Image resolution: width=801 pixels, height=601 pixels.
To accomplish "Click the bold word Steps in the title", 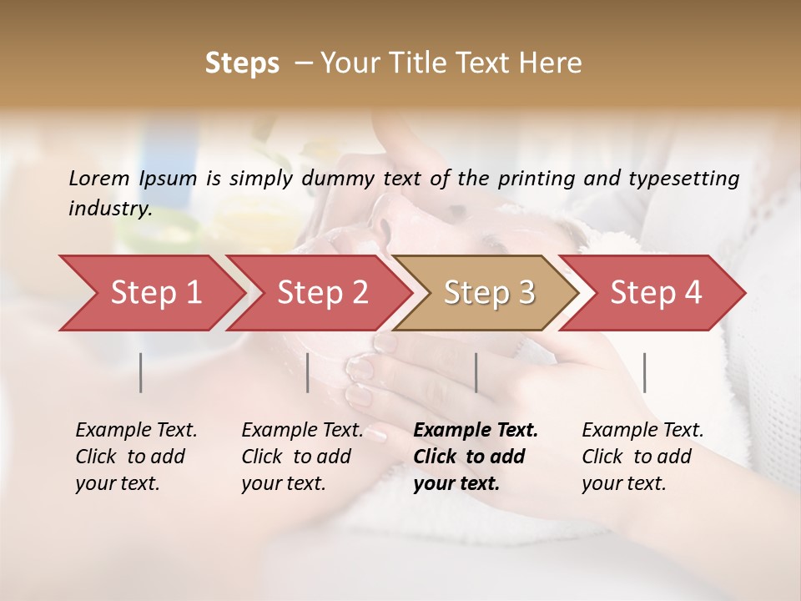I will [242, 63].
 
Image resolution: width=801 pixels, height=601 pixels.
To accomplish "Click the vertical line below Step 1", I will [141, 372].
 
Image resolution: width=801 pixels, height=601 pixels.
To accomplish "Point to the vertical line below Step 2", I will [308, 372].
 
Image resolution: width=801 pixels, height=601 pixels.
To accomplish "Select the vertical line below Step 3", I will [476, 372].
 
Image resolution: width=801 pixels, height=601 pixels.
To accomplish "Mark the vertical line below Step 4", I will [645, 372].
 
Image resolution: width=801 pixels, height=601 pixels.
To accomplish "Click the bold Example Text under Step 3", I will [476, 431].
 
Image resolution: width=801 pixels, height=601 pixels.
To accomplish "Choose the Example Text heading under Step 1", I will [136, 431].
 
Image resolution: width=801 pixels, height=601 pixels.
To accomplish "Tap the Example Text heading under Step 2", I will [302, 431].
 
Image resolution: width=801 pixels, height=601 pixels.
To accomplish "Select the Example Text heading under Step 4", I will [642, 431].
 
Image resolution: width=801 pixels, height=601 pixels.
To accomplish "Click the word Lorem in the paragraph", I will [99, 179].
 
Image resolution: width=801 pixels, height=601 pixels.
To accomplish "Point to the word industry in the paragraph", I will [109, 209].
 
